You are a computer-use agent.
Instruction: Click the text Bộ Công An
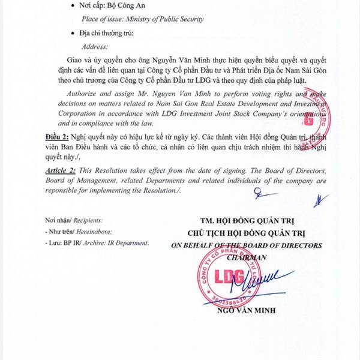128,5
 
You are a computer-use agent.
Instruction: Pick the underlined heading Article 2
62,171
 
